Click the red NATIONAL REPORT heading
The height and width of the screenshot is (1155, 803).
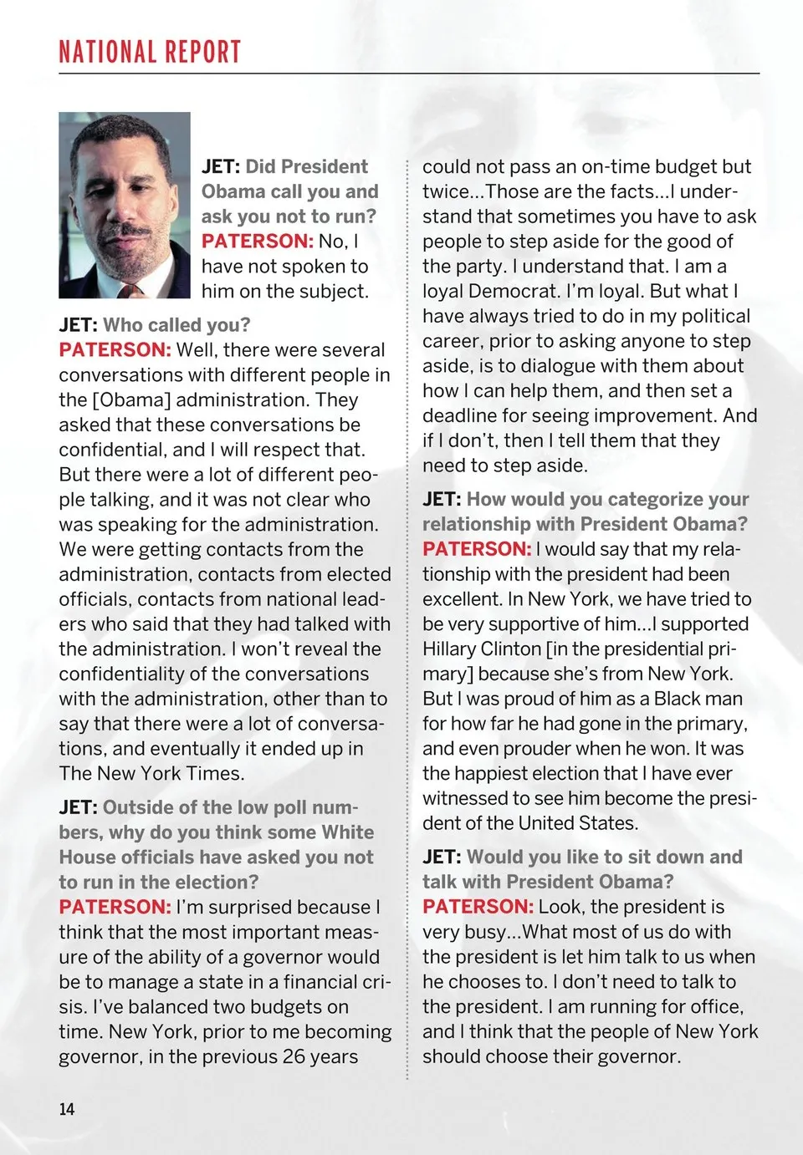150,52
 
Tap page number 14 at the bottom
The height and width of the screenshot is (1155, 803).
67,1109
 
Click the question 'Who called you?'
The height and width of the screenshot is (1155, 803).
176,325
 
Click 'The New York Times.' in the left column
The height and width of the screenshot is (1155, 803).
151,773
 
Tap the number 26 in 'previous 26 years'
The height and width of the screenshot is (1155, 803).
294,1056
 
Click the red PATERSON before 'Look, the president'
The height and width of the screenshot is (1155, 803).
478,907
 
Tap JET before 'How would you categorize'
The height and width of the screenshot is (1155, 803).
442,499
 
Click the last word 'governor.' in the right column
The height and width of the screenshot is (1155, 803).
641,1056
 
